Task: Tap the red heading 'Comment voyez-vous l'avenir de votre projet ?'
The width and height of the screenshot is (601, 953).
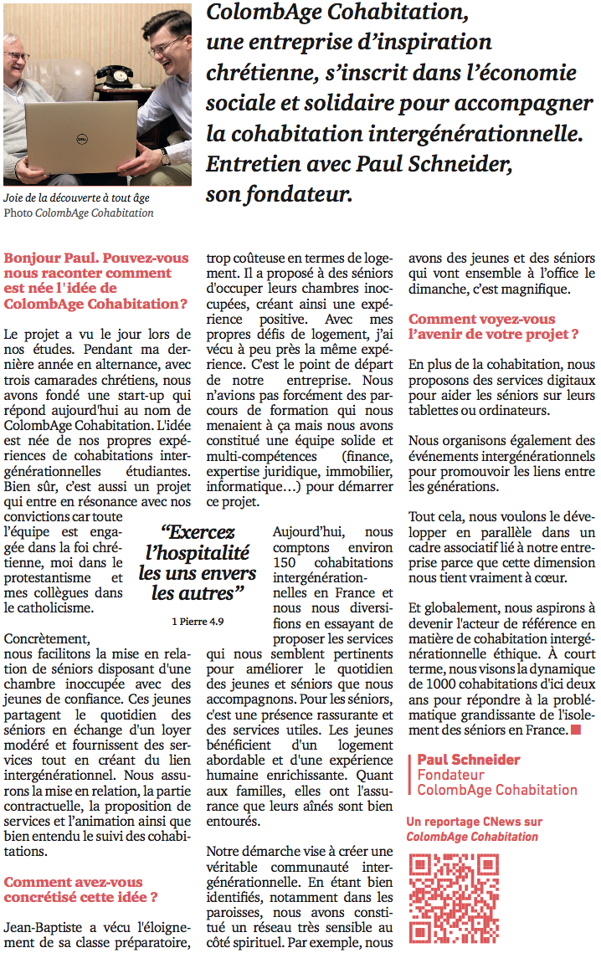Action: click(x=481, y=326)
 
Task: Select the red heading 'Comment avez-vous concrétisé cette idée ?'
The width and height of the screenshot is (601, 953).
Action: click(x=74, y=889)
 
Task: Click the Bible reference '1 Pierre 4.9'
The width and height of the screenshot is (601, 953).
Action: click(x=198, y=622)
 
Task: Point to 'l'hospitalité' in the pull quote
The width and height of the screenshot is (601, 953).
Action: click(x=198, y=552)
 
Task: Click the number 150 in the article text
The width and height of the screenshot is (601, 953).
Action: click(x=285, y=562)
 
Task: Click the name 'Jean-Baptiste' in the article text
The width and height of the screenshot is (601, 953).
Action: click(x=44, y=927)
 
